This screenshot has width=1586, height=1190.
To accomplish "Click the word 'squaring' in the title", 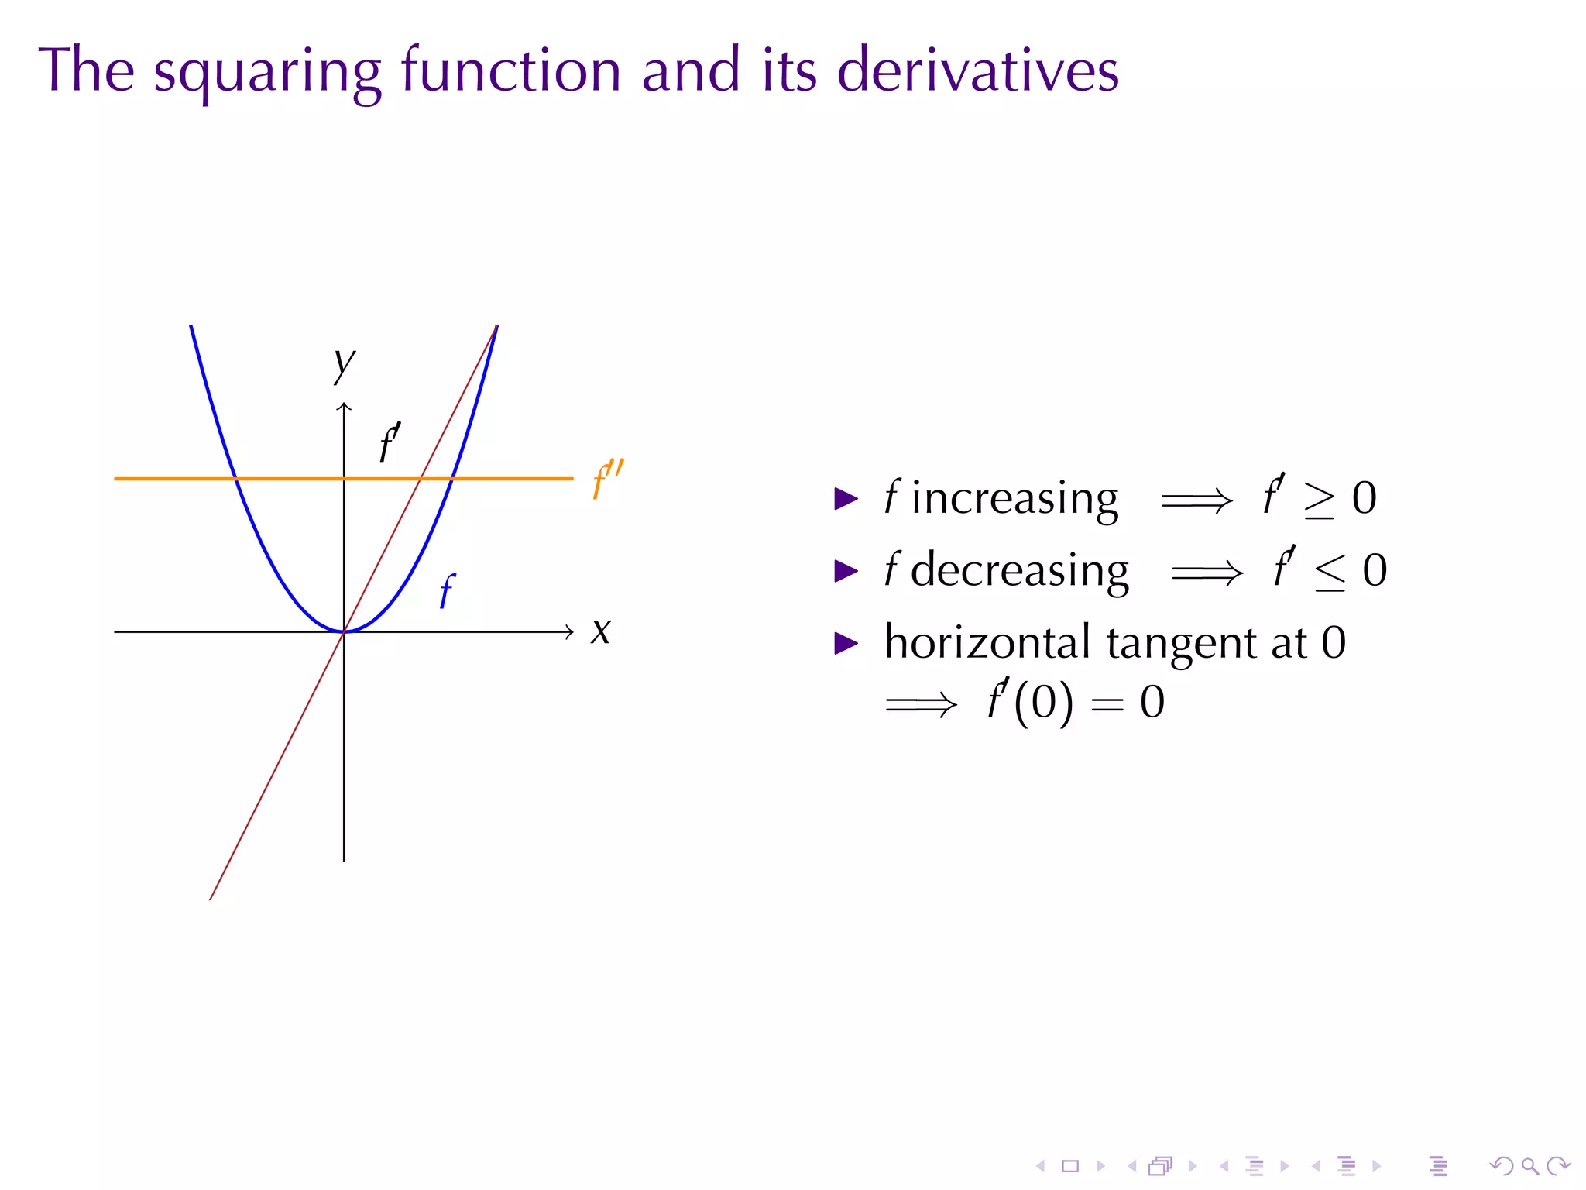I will point(267,71).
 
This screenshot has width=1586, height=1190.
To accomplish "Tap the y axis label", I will point(343,363).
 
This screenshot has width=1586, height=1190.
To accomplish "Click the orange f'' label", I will point(606,480).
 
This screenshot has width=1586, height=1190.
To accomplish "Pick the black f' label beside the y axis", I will point(390,443).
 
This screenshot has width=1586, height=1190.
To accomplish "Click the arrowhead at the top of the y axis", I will point(344,407).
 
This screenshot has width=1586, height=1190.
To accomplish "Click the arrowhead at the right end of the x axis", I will point(569,632).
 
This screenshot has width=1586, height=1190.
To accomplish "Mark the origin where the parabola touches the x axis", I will point(344,632).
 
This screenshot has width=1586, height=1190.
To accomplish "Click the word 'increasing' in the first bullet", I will point(1014,498).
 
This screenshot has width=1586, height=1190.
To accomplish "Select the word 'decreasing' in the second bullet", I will point(1019,571).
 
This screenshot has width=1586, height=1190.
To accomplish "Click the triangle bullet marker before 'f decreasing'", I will point(846,572).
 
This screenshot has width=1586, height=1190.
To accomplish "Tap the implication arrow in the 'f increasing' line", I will point(1196,500).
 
